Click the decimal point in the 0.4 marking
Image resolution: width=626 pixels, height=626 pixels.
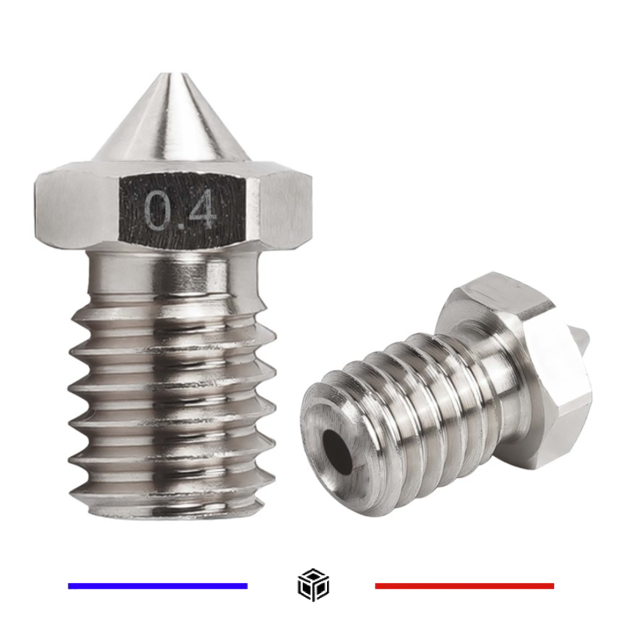[x=179, y=225]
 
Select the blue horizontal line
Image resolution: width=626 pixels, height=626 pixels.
[x=157, y=585]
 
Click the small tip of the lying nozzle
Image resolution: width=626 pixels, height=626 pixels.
[x=584, y=338]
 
